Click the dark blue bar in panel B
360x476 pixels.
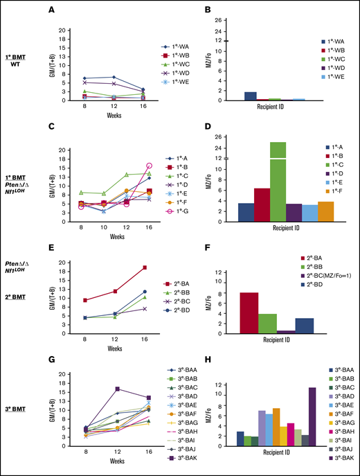click(250, 96)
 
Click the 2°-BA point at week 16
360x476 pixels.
click(144, 267)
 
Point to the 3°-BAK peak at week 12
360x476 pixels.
click(118, 389)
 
